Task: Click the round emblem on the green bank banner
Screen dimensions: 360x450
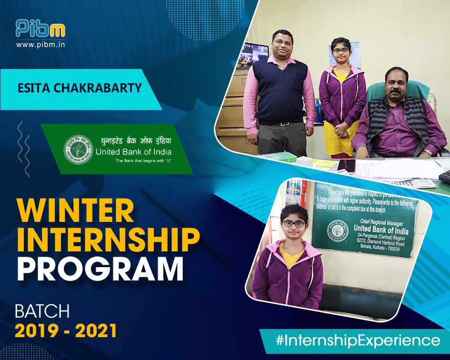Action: click(x=79, y=149)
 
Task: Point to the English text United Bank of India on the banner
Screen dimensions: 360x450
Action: click(x=133, y=152)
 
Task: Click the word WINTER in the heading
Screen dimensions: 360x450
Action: click(x=75, y=210)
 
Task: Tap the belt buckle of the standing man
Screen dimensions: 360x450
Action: click(x=285, y=124)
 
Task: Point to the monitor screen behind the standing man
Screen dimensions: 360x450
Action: click(x=256, y=53)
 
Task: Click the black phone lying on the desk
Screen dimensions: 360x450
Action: click(x=346, y=166)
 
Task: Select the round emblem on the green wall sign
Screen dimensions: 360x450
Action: click(x=338, y=230)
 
